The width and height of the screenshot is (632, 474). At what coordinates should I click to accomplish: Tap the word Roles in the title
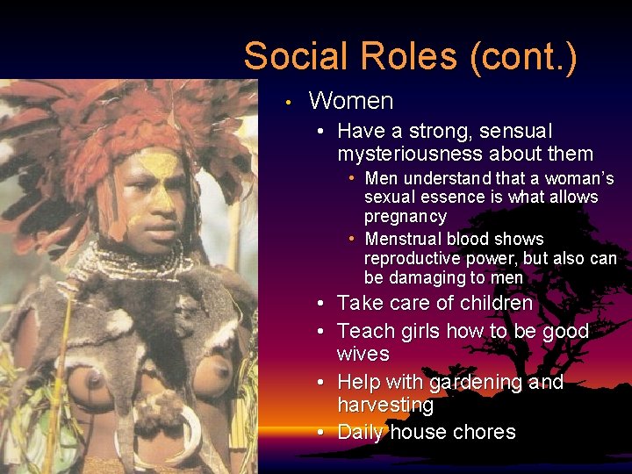(x=407, y=56)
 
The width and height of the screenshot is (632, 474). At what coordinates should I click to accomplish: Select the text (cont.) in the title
(x=524, y=56)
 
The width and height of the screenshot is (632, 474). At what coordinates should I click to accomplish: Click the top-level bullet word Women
(x=351, y=101)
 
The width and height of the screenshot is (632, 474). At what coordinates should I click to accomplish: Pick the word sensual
(x=516, y=132)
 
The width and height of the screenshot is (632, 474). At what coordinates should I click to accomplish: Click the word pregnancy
(x=406, y=217)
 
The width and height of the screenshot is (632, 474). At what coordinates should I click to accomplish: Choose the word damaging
(x=424, y=278)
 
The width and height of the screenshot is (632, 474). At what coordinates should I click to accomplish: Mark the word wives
(x=363, y=354)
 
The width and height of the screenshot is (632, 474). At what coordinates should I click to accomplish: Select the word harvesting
(x=385, y=406)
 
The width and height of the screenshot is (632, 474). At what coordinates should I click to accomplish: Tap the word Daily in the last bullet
(x=361, y=432)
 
